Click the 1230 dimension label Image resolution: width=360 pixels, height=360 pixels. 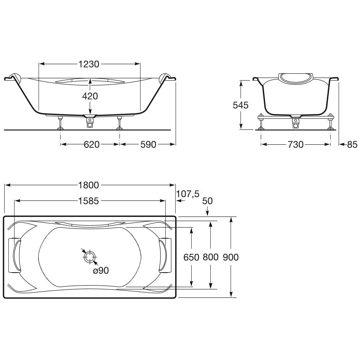pyautogui.click(x=89, y=64)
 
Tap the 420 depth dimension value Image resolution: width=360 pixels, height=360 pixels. pyautogui.click(x=90, y=96)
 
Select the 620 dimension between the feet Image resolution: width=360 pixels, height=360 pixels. pyautogui.click(x=92, y=144)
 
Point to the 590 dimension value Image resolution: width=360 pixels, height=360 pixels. pyautogui.click(x=148, y=144)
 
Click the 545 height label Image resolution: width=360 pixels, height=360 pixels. pyautogui.click(x=241, y=105)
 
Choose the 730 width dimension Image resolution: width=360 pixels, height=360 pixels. pyautogui.click(x=295, y=144)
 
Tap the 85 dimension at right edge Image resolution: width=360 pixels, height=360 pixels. pyautogui.click(x=352, y=144)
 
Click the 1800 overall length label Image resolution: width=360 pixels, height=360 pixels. pyautogui.click(x=89, y=185)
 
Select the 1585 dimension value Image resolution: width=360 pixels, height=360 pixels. pyautogui.click(x=89, y=201)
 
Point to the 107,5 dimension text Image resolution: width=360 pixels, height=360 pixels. pyautogui.click(x=188, y=194)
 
